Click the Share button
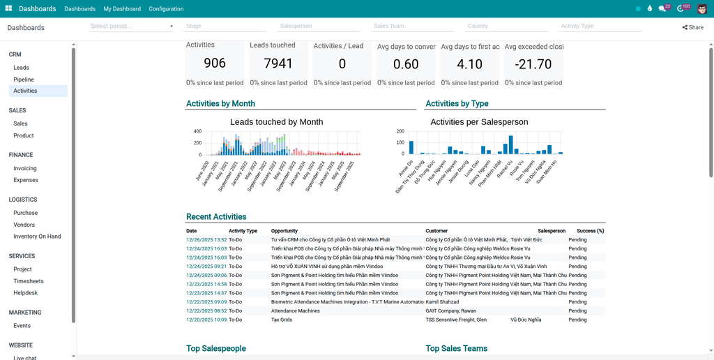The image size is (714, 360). pyautogui.click(x=692, y=27)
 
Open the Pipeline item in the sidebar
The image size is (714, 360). pyautogui.click(x=24, y=80)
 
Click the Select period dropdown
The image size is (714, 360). pyautogui.click(x=132, y=26)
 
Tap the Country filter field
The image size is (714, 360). pyautogui.click(x=507, y=26)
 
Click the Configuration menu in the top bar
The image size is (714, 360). pyautogui.click(x=166, y=9)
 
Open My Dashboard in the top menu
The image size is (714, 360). pyautogui.click(x=122, y=9)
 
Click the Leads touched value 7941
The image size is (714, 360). pyautogui.click(x=278, y=63)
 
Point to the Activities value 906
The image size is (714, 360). pyautogui.click(x=215, y=63)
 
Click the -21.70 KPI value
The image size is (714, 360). pyautogui.click(x=533, y=64)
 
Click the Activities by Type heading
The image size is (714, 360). pyautogui.click(x=457, y=103)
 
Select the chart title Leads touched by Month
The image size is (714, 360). pyautogui.click(x=276, y=121)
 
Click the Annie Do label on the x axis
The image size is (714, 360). pyautogui.click(x=406, y=167)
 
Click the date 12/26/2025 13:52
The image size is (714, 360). pyautogui.click(x=206, y=239)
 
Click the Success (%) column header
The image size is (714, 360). pyautogui.click(x=590, y=230)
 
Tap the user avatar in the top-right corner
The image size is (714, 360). pyautogui.click(x=701, y=9)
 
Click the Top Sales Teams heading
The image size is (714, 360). pyautogui.click(x=456, y=348)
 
